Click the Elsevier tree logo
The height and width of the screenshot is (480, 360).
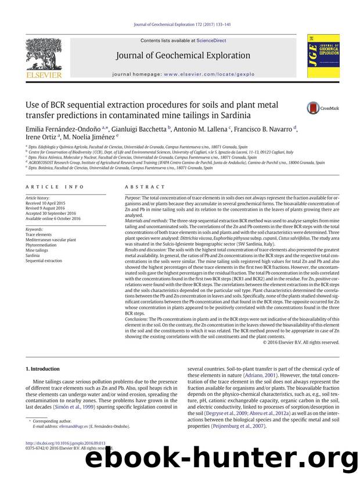[46, 58]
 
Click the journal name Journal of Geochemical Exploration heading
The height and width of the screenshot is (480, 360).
[183, 56]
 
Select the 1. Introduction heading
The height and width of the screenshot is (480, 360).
[43, 369]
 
